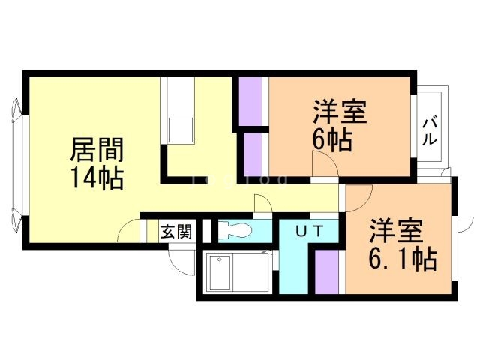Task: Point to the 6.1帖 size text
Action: pos(402,259)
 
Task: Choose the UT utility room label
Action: pos(308,231)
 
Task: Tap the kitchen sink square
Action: pos(181,128)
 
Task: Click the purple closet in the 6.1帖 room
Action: pos(329,271)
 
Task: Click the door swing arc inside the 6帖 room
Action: pos(324,163)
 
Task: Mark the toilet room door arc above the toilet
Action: pos(263,204)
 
